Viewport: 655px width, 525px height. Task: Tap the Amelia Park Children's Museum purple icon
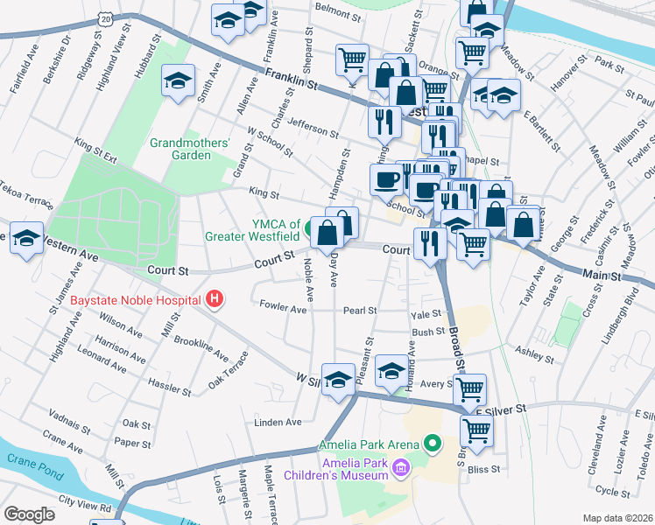click(402, 468)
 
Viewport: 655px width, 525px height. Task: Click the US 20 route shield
click(105, 17)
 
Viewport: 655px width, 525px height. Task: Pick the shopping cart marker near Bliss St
click(476, 431)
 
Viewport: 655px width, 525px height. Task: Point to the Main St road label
click(603, 275)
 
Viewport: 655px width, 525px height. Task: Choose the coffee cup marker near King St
click(386, 181)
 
